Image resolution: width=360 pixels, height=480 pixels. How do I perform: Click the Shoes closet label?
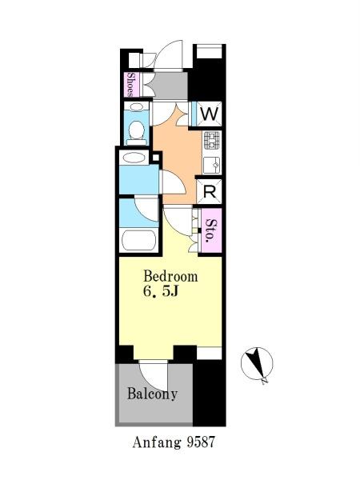pos(130,85)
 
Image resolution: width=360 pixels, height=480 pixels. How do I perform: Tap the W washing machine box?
pos(209,114)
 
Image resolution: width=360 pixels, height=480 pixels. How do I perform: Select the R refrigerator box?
pos(209,192)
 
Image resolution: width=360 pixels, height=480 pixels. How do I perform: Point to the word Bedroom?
pos(170,276)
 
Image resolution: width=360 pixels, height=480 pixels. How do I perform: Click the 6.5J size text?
pos(161,292)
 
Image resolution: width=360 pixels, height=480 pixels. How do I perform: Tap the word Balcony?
pos(152,394)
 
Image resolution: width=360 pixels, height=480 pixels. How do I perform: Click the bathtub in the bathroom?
pos(138,241)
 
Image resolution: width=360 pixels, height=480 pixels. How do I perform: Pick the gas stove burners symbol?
pos(211,140)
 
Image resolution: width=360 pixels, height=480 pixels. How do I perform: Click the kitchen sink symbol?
pos(211,166)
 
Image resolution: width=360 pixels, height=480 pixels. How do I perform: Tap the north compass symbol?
pos(257,364)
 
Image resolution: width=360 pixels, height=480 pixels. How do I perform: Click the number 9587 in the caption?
pos(201,442)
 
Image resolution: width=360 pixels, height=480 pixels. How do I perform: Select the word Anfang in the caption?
pos(157,443)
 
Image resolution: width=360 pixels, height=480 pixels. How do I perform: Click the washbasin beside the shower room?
pos(134,158)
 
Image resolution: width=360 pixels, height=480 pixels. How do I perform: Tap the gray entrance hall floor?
pos(170,85)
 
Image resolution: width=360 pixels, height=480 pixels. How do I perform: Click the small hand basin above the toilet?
pos(136,107)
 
